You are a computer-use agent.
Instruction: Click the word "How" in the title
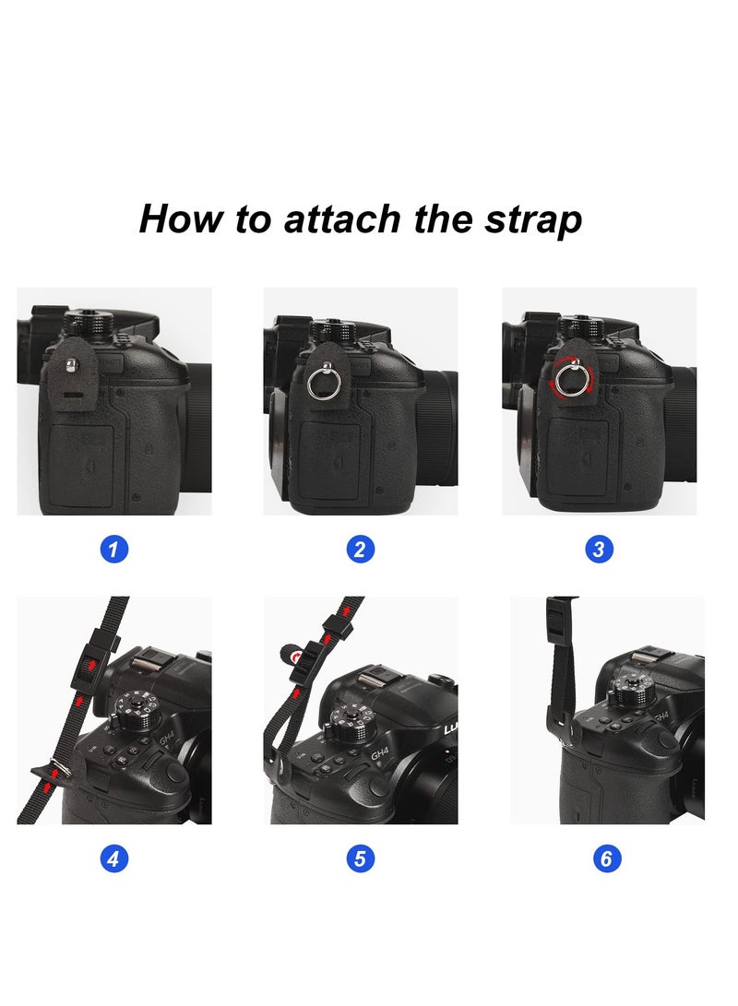tap(175, 219)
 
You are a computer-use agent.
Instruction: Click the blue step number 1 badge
tap(113, 550)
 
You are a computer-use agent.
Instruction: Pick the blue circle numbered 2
tap(360, 550)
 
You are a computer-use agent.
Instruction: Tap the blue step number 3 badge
tap(599, 550)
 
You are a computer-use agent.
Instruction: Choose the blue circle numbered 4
tap(113, 859)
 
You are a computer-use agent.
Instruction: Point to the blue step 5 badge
tap(360, 859)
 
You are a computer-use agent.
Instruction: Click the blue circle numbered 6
tap(606, 859)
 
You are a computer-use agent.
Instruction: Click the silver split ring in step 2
tap(319, 383)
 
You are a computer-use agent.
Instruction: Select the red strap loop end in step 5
tap(292, 657)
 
